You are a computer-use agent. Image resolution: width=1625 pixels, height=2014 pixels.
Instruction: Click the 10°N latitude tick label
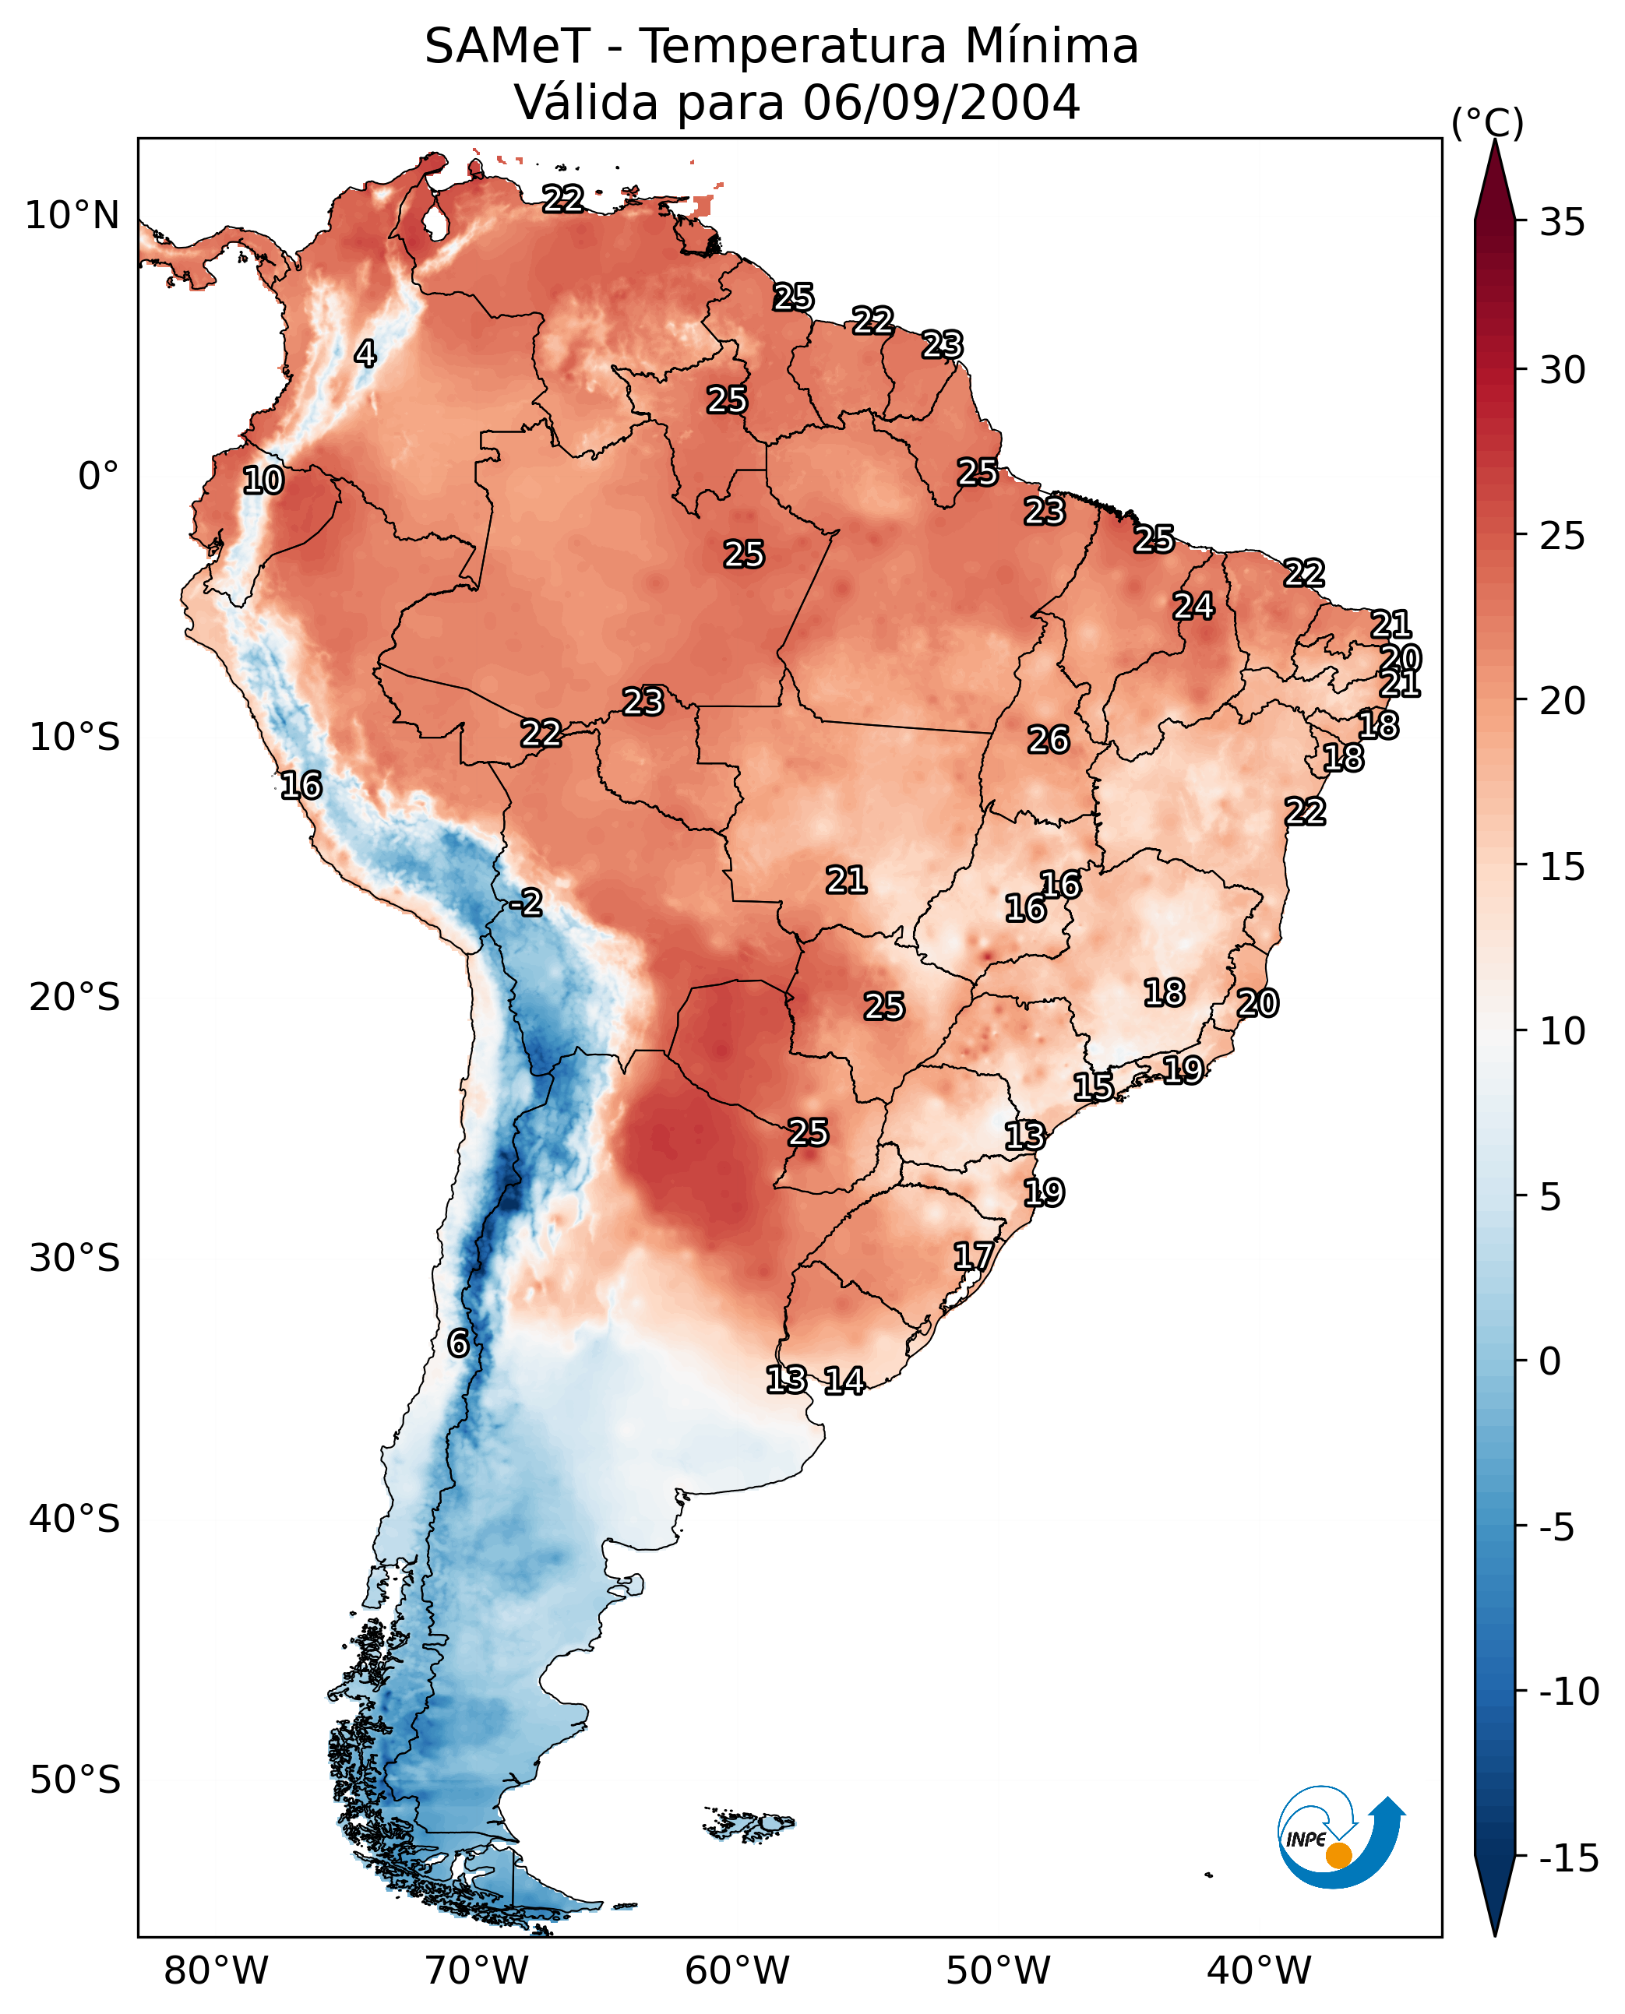click(72, 217)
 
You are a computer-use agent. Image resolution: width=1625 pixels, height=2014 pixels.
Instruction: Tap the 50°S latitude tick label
click(75, 1779)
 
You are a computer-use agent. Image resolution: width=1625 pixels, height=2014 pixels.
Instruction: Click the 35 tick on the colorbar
click(1562, 223)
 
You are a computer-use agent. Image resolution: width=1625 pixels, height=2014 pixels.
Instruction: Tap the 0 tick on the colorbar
click(1550, 1361)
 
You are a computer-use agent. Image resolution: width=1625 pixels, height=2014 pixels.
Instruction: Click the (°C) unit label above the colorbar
click(1487, 122)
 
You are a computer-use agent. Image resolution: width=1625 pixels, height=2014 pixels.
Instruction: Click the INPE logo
click(1340, 1836)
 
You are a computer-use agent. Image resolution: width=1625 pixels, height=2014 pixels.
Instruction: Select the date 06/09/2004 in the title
click(941, 102)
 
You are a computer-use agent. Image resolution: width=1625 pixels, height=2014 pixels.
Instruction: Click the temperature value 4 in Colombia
click(365, 354)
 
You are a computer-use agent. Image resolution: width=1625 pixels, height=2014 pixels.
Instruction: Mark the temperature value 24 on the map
click(1193, 607)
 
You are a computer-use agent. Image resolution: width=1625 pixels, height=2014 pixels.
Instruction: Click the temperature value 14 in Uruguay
click(844, 1380)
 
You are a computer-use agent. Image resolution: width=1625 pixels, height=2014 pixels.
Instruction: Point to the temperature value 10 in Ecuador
click(263, 481)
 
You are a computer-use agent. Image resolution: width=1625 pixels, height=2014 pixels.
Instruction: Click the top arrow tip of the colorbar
click(1495, 143)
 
